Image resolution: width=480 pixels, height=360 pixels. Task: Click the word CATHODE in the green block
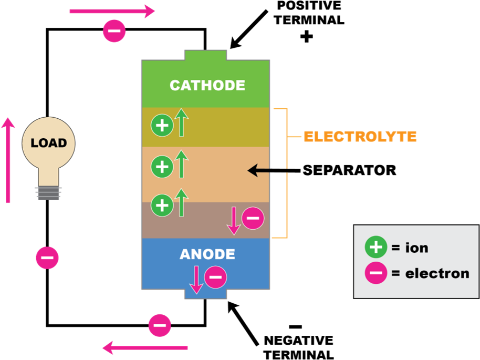coord(207,85)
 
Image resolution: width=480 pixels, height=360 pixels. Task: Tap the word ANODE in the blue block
coord(207,254)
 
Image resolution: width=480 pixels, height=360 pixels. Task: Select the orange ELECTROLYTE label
coord(360,136)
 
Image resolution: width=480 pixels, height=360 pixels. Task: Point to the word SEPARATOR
coord(349,170)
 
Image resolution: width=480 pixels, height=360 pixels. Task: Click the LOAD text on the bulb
coord(49,143)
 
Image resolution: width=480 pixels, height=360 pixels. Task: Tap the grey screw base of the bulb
coord(48,193)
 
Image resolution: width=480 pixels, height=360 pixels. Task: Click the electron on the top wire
coord(114,30)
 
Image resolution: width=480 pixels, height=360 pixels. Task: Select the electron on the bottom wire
coord(160,325)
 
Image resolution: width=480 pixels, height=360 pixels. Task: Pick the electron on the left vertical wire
coord(47,258)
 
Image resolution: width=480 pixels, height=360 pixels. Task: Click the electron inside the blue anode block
coord(215,277)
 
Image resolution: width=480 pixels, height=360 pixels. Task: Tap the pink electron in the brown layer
coord(253,218)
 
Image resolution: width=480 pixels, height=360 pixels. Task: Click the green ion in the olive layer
coord(162,125)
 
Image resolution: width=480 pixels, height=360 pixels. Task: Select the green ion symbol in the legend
coord(376,247)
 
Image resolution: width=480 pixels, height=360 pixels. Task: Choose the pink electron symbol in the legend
coord(376,273)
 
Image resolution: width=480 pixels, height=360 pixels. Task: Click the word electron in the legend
coord(437,274)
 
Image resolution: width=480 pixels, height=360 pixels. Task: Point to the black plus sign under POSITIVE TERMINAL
coord(306,37)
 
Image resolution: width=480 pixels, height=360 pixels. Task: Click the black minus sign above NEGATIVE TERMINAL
coord(296,327)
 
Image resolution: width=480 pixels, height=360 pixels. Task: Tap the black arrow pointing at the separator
coord(274,170)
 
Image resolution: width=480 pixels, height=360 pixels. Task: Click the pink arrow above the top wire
coord(112,12)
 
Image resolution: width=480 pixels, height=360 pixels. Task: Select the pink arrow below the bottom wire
coord(145,348)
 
